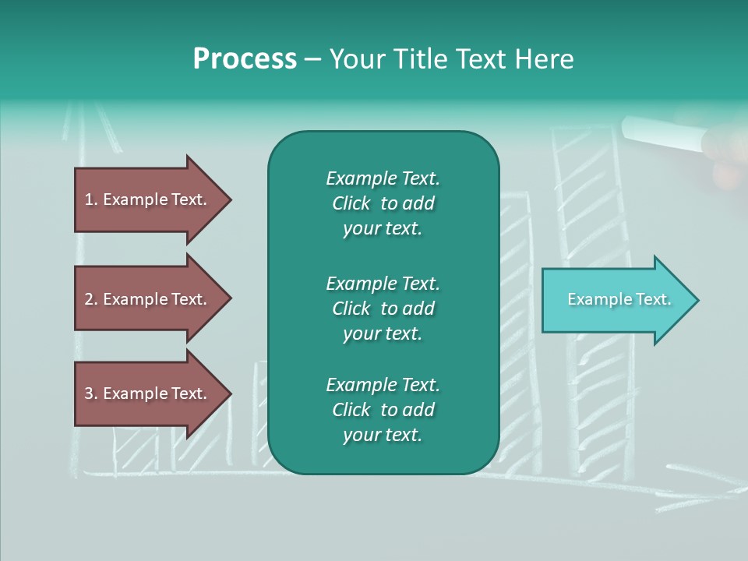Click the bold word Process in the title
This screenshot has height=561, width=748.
(x=245, y=59)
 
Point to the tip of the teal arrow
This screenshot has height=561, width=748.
(x=697, y=300)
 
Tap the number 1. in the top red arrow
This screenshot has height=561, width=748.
(x=91, y=199)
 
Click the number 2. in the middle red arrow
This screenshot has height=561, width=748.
(x=91, y=299)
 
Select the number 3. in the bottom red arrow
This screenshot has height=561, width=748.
(x=91, y=393)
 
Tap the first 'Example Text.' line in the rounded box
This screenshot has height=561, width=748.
(x=383, y=178)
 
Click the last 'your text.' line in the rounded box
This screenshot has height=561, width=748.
(x=383, y=435)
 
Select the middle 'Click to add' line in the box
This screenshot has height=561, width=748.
(x=383, y=309)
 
